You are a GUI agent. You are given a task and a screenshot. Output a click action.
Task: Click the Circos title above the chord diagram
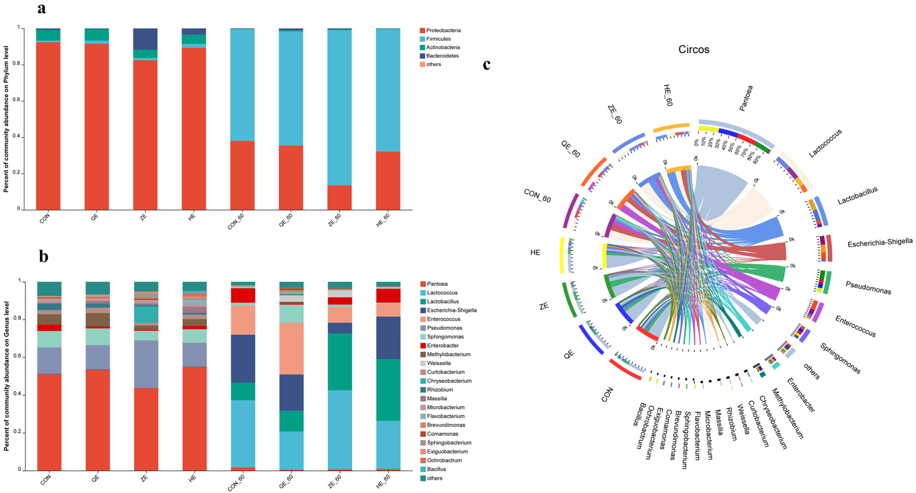pyautogui.click(x=693, y=49)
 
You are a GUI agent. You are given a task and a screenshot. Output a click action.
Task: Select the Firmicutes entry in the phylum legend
pyautogui.click(x=438, y=39)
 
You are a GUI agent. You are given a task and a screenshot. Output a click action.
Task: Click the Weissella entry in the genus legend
pyautogui.click(x=439, y=363)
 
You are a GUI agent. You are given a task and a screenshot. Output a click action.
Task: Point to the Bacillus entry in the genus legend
pyautogui.click(x=436, y=469)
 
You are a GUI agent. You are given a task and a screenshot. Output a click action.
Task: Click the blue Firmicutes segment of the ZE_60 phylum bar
pyautogui.click(x=339, y=107)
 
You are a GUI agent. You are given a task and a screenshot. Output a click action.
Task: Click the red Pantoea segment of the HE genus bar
pyautogui.click(x=194, y=418)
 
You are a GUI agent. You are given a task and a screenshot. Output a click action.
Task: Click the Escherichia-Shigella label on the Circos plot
pyautogui.click(x=880, y=243)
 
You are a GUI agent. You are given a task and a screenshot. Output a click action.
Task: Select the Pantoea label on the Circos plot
pyautogui.click(x=746, y=98)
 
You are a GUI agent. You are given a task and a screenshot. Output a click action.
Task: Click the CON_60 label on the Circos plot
pyautogui.click(x=537, y=196)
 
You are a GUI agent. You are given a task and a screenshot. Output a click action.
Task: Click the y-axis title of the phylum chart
pyautogui.click(x=6, y=119)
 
